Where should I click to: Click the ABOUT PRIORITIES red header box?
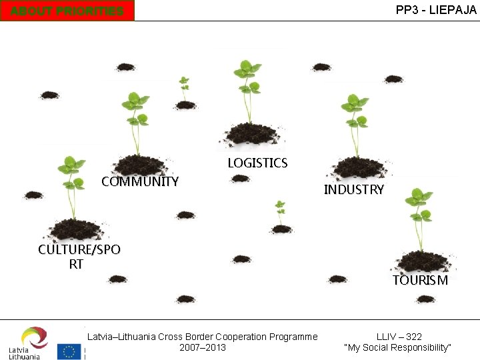(67, 11)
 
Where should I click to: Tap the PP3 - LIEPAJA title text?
(436, 10)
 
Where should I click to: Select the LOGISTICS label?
(257, 163)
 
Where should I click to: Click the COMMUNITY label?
(140, 181)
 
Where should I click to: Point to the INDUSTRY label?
(353, 189)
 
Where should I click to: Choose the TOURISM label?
(420, 280)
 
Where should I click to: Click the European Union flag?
(69, 351)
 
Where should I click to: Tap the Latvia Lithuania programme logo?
(27, 343)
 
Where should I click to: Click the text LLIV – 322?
(399, 337)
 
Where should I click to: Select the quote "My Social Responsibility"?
(398, 347)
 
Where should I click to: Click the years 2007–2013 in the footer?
(203, 347)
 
